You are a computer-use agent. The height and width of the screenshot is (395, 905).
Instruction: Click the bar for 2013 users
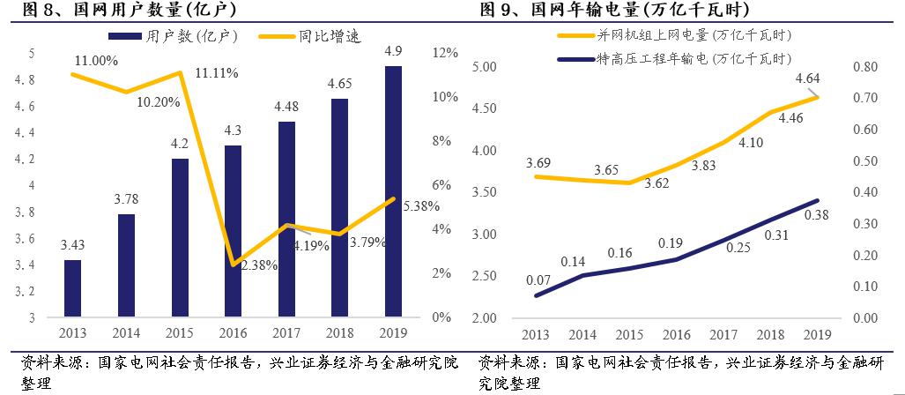click(72, 288)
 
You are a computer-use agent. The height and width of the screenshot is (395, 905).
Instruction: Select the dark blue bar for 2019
click(394, 191)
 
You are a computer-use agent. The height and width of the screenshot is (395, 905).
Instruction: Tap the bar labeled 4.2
click(180, 238)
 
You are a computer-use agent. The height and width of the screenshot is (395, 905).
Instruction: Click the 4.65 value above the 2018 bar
click(340, 85)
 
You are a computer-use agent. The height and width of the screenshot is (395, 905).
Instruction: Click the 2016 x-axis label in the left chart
click(233, 333)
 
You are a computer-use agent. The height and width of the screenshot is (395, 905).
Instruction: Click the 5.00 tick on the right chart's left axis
click(486, 67)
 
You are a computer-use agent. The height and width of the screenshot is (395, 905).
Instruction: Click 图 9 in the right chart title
click(494, 11)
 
